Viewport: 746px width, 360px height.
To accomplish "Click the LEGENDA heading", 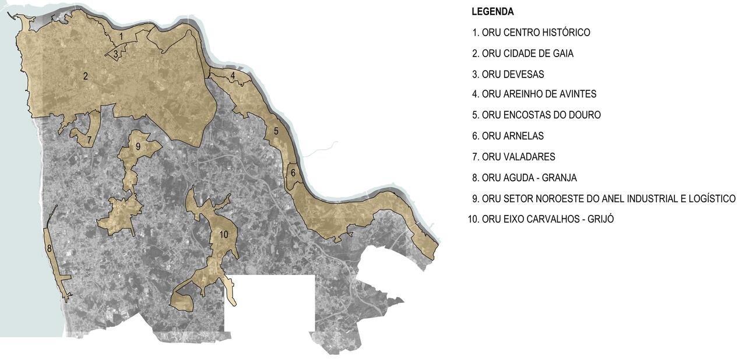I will (492, 12).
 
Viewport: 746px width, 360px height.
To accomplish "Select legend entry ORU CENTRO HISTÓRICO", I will (536, 33).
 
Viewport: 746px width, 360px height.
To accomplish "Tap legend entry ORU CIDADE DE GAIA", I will (527, 54).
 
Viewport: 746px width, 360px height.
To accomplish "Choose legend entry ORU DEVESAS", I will (513, 75).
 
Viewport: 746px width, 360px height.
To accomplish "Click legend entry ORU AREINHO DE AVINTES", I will (539, 94).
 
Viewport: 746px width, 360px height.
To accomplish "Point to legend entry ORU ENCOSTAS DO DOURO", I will (541, 115).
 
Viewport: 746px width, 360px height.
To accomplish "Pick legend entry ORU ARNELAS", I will (512, 136).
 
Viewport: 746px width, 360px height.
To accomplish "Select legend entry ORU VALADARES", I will (518, 157).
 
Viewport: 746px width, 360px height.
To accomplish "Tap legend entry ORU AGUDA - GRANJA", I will (529, 178).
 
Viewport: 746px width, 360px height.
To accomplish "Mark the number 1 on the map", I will (121, 37).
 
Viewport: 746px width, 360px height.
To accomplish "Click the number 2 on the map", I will (85, 76).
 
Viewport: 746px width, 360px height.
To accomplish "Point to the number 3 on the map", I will (116, 54).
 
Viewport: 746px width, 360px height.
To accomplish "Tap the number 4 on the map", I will (233, 76).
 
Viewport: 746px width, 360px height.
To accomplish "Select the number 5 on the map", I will (276, 131).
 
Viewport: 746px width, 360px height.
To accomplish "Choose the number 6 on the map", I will (293, 172).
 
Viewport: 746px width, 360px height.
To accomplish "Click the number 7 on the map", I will (89, 140).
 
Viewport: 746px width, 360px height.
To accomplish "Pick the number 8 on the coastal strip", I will (50, 248).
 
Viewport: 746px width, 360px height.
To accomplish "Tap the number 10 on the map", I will (223, 234).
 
